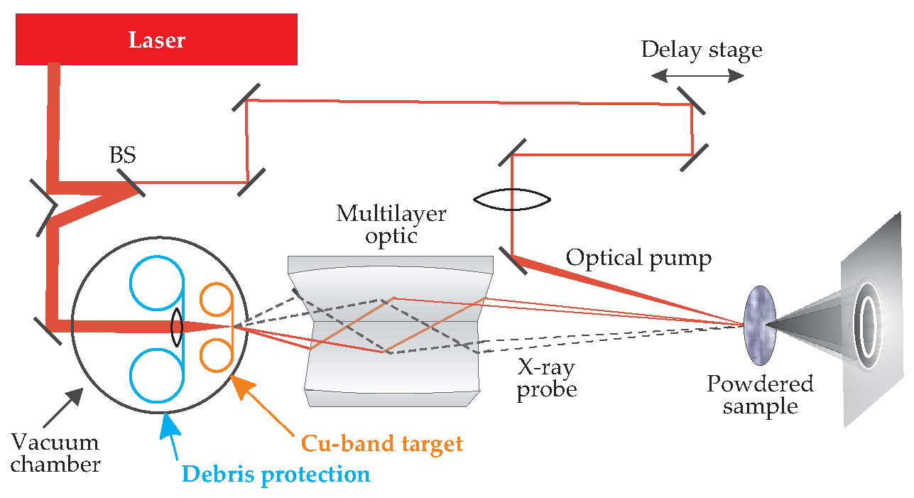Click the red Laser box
[157, 39]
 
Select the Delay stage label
[701, 50]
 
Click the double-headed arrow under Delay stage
[699, 75]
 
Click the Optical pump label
[638, 259]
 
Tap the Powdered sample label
[759, 395]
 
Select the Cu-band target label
[382, 444]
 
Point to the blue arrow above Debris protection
[170, 434]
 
